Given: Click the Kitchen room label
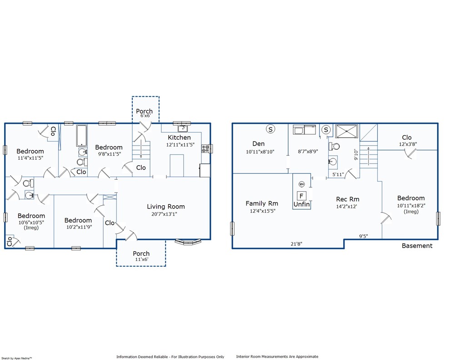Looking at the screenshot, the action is [179, 137].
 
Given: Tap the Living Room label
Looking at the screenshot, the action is [165, 207].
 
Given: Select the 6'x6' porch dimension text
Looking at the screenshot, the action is [145, 116].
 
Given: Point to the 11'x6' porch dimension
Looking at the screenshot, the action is [142, 259].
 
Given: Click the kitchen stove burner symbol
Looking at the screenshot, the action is [205, 149].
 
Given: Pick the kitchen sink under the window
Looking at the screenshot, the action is [183, 128].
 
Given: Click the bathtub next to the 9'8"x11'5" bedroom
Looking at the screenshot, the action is [82, 135].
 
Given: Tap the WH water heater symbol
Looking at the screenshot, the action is [301, 184].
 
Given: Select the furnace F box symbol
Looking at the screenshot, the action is [301, 196].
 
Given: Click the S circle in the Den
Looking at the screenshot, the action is [271, 129].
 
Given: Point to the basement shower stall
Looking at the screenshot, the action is [346, 132].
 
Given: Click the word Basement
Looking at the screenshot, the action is [417, 246].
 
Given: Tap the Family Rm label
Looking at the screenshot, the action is [262, 203].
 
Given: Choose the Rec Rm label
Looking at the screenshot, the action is [347, 199].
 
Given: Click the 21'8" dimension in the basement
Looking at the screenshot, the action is [296, 244].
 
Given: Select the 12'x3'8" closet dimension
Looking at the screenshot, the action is [408, 144].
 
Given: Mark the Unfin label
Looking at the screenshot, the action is [301, 204].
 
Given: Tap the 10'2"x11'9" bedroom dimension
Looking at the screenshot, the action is [79, 227].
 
